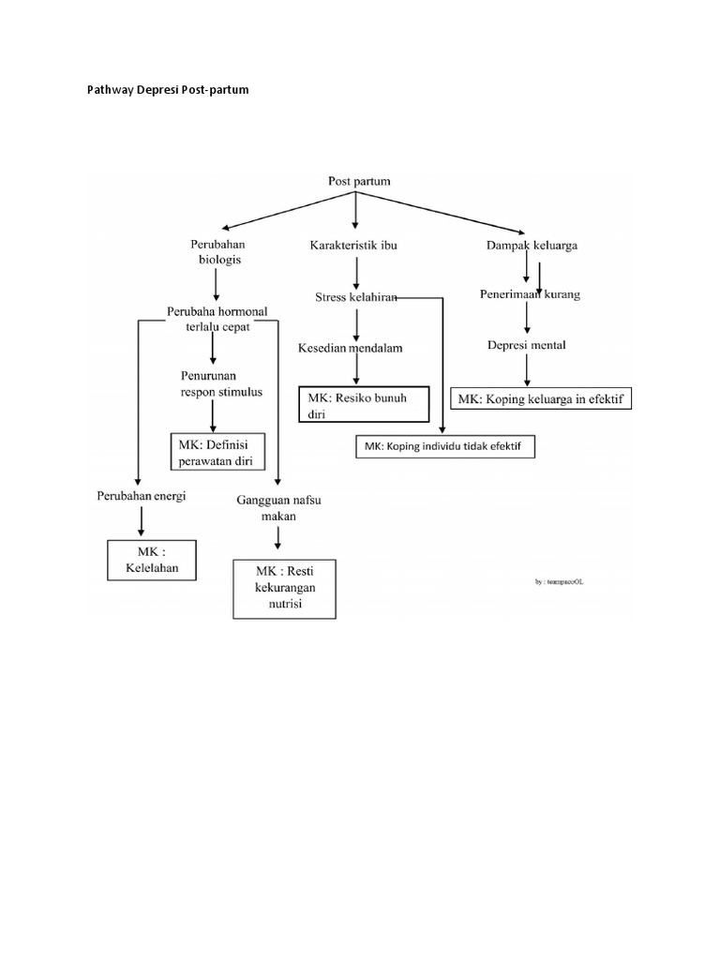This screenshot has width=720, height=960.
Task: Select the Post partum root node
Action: [x=359, y=181]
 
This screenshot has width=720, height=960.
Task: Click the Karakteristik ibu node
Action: [x=353, y=246]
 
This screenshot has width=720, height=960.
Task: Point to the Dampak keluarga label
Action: [x=531, y=246]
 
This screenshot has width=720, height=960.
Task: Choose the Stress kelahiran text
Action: [x=356, y=297]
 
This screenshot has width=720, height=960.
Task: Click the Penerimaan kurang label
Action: [x=532, y=294]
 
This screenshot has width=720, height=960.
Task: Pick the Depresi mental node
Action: [x=526, y=345]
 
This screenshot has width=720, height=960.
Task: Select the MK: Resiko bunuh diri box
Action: [x=363, y=404]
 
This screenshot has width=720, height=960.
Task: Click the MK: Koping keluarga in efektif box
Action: [x=541, y=399]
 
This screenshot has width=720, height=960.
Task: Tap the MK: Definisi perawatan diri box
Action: [x=217, y=452]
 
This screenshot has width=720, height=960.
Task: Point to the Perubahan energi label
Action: [x=141, y=495]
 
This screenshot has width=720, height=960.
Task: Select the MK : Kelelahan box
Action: [x=152, y=560]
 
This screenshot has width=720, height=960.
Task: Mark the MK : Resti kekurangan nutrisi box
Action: [x=283, y=589]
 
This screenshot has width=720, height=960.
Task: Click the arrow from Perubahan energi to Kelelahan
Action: [x=142, y=520]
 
